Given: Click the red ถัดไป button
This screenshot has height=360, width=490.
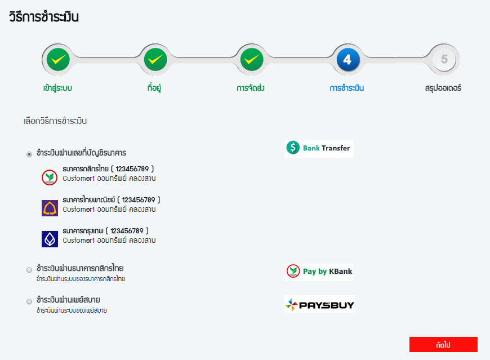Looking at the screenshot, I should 443,344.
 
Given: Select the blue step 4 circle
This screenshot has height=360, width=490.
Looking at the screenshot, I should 348,59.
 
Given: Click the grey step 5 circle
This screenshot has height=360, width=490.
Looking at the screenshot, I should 444,59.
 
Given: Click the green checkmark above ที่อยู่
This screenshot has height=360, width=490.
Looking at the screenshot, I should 155,59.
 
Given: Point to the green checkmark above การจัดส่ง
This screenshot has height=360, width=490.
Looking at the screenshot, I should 251,59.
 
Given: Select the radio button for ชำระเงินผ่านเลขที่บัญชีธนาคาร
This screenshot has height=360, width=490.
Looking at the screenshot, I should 29,154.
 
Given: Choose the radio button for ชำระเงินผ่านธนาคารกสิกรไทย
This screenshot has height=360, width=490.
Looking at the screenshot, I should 29,270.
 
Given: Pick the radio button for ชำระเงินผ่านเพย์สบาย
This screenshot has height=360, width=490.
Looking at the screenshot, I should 29,301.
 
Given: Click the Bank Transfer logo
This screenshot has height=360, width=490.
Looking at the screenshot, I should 319,148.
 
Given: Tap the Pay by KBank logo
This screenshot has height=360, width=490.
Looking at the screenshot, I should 319,272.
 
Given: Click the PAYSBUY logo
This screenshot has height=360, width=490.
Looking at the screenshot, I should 319,305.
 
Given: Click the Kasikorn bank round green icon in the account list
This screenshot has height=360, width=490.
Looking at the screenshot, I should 50,177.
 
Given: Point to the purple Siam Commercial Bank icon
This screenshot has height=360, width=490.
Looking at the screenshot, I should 50,208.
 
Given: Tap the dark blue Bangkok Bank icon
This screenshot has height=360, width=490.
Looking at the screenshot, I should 50,239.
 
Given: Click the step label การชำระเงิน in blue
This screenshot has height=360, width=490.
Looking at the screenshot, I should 347,88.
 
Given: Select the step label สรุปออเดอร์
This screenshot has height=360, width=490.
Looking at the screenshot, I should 443,88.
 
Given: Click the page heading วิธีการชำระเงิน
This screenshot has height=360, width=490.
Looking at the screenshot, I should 44,17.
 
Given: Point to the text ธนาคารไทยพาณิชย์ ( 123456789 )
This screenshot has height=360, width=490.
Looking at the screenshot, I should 112,200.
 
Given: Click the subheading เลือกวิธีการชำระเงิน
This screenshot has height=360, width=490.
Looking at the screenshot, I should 55,121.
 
